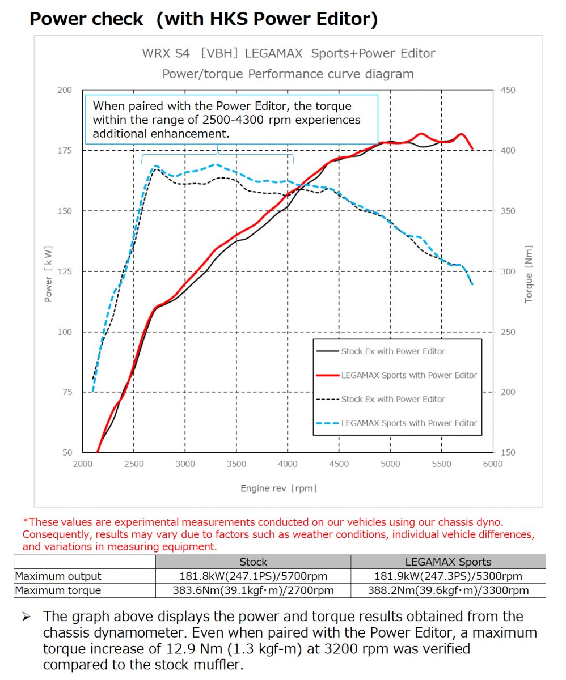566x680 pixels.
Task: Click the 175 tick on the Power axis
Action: tap(65, 151)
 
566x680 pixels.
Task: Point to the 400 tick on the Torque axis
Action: tap(508, 151)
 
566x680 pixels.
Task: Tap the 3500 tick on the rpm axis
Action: tap(236, 464)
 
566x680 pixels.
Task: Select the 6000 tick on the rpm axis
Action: tap(493, 464)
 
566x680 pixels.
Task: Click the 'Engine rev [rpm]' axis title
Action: tap(278, 488)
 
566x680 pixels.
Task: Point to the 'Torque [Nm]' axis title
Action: tap(528, 274)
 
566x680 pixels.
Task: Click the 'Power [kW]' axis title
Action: tap(48, 274)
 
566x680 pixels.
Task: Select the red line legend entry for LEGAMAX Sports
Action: tap(396, 375)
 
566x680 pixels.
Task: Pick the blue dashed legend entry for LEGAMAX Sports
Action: tap(396, 423)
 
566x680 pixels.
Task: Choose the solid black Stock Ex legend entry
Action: tap(381, 351)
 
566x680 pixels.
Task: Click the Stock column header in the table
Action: tap(254, 562)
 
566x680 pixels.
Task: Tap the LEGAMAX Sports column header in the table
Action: tap(448, 562)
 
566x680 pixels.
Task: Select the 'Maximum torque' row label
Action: tap(58, 590)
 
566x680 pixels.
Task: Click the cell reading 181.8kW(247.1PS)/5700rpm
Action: tap(254, 576)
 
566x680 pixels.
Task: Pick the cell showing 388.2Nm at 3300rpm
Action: tap(448, 590)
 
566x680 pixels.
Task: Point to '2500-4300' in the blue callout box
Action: tap(233, 120)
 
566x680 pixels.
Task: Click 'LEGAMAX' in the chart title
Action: tap(273, 53)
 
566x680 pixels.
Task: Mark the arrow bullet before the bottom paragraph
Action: tap(27, 617)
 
